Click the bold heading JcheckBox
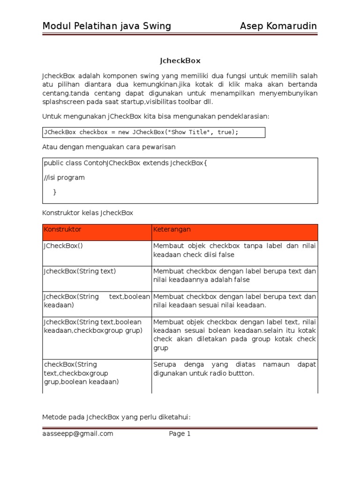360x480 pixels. coord(180,60)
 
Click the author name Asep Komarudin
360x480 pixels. coord(278,26)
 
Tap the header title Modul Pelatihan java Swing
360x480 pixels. coord(106,26)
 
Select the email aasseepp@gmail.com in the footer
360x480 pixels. coord(78,434)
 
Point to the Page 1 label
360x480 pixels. coord(180,434)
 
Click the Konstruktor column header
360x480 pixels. coord(62,230)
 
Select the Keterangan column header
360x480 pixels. coord(172,230)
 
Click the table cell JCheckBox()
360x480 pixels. coord(63,246)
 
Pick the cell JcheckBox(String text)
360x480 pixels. coord(80,271)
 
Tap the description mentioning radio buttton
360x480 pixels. coord(234,369)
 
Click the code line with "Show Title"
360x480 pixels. coord(141,132)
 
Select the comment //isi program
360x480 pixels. coord(64,178)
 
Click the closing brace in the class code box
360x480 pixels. coord(55,192)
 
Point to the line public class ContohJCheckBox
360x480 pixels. coord(125,163)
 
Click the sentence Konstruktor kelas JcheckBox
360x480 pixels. coord(88,213)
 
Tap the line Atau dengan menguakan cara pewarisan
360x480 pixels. coord(109,147)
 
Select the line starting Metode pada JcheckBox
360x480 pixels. coord(116,417)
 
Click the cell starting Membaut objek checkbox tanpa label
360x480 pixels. coord(234,250)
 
